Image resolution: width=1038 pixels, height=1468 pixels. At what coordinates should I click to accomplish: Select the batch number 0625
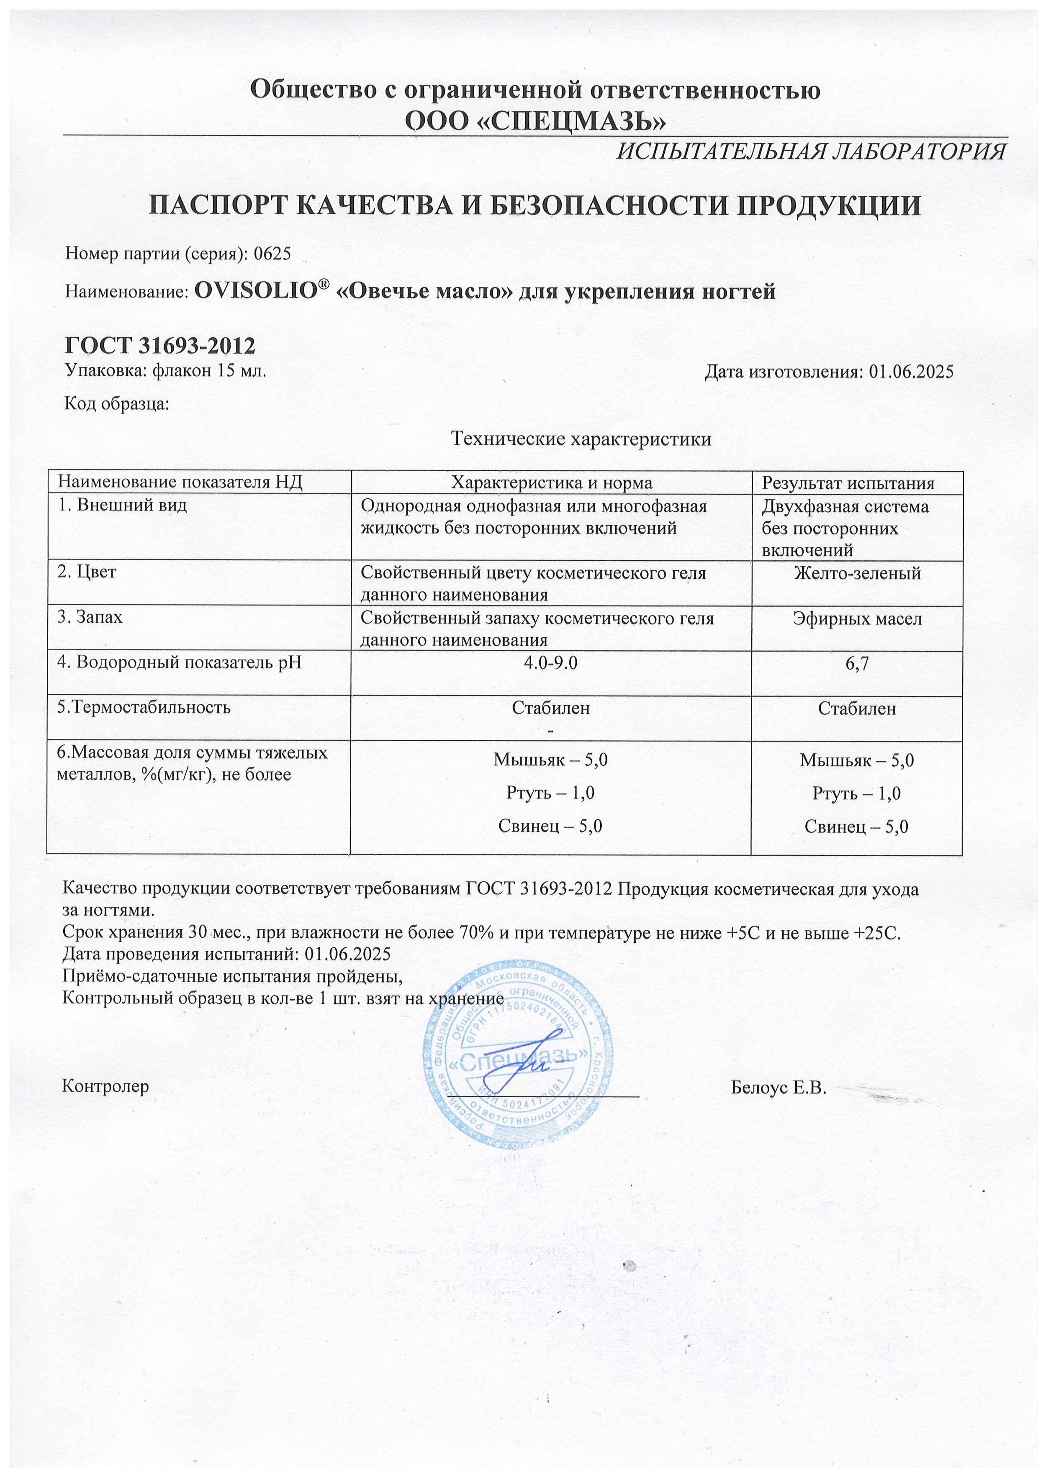click(272, 254)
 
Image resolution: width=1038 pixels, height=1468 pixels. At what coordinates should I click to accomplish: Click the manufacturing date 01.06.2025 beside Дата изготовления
click(911, 372)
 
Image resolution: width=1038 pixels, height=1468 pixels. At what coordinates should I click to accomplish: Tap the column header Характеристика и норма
click(551, 483)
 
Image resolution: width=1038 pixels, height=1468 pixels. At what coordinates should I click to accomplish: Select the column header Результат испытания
click(856, 483)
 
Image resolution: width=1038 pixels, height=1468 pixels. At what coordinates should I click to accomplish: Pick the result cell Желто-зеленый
click(857, 573)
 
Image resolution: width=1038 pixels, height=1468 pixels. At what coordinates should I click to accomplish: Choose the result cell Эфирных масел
click(857, 618)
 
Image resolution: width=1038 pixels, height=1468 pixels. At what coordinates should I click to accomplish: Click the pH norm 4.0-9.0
click(551, 663)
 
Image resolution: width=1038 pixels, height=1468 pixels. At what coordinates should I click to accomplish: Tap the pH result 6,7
click(857, 664)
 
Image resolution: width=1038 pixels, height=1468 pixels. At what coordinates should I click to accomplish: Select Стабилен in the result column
click(857, 708)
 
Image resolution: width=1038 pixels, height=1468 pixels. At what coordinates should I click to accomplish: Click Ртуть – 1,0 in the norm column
click(551, 793)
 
